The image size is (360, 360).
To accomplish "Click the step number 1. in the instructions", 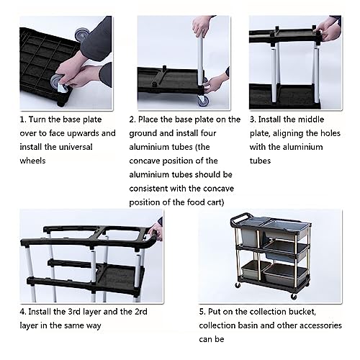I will [x=22, y=120].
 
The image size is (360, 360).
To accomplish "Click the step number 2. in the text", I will [x=132, y=120].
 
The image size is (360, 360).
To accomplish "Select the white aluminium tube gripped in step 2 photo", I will [x=196, y=54].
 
